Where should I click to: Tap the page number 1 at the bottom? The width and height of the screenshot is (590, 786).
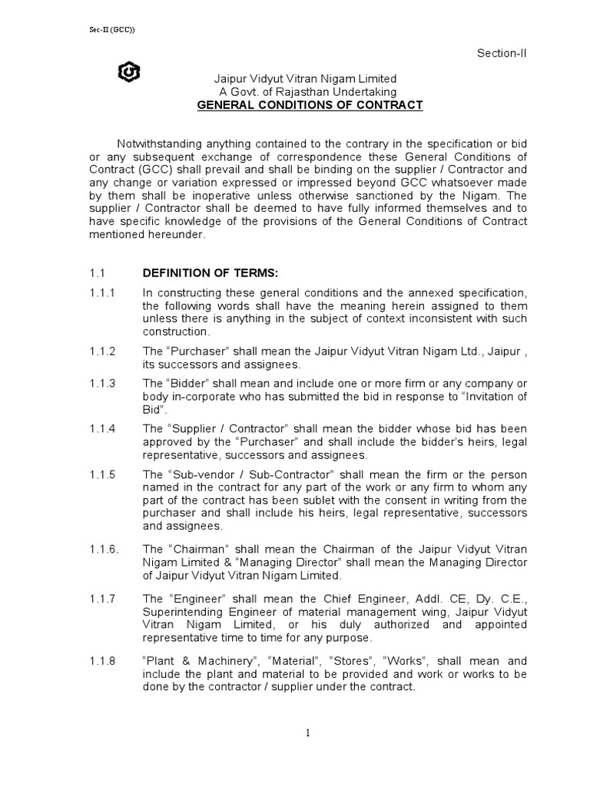point(308,733)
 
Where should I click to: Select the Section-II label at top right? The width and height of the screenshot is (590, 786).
point(502,52)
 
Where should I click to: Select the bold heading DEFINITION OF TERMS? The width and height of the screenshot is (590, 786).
point(204,272)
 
